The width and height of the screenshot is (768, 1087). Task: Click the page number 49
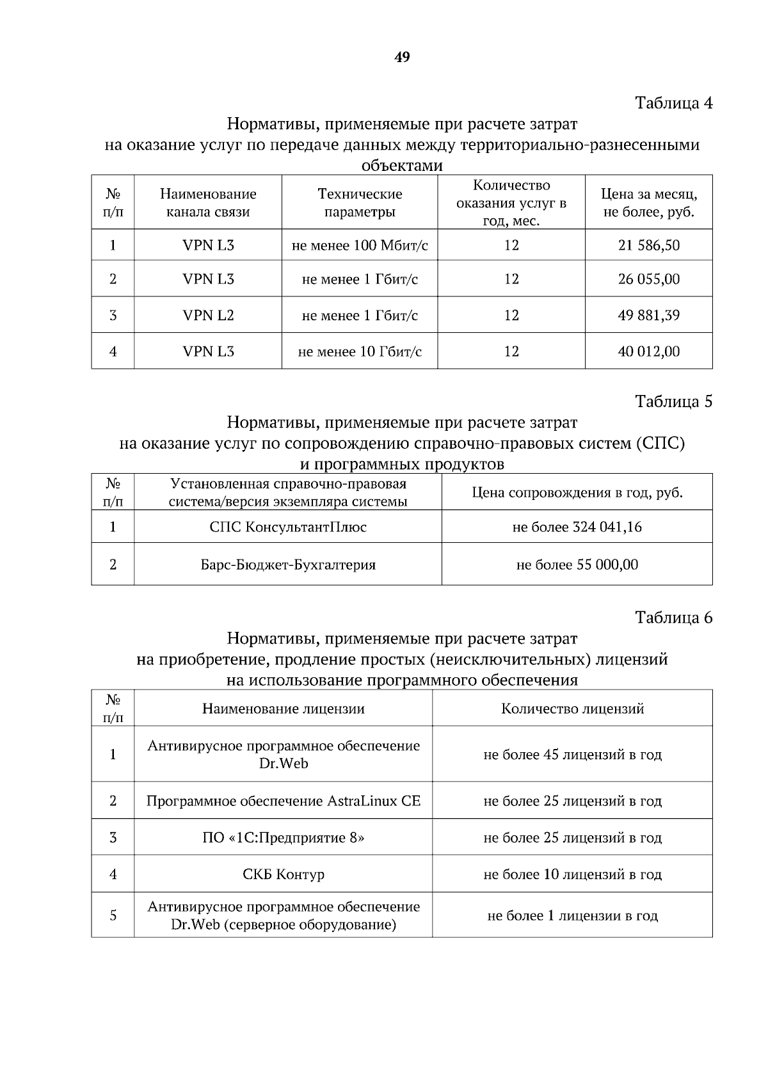402,58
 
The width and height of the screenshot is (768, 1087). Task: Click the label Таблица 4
673,102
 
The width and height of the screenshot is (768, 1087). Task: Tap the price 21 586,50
648,245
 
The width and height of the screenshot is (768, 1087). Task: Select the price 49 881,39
648,315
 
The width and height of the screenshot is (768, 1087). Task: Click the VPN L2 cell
208,315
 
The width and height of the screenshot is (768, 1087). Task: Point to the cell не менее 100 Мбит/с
360,245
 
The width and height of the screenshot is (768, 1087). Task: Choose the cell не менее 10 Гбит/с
360,351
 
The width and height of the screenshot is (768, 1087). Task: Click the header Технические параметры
360,202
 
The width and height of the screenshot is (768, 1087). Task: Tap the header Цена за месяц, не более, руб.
648,202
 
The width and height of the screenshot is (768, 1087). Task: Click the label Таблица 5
673,401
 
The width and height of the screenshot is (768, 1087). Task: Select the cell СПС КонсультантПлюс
288,527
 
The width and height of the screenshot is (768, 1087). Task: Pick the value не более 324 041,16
577,527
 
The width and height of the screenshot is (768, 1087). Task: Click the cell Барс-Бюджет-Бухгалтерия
288,565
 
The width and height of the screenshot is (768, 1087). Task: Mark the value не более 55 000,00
577,565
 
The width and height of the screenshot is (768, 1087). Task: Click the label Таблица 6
673,617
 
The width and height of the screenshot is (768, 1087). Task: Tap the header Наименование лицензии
283,709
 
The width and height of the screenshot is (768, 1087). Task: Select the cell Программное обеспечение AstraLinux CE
283,801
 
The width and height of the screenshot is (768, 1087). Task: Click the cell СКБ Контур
283,874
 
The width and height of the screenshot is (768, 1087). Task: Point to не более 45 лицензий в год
572,755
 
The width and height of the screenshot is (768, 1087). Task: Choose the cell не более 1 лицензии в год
572,915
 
